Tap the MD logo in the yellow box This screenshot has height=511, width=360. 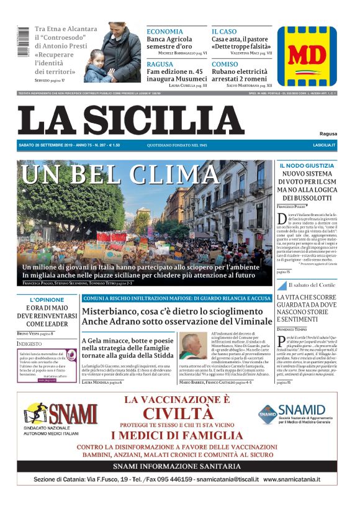tap(306, 56)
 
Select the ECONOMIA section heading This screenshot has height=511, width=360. tap(164, 31)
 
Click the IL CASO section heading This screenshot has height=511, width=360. tap(224, 31)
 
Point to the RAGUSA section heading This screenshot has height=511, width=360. tap(160, 64)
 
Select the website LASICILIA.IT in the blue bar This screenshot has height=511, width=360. tap(324, 145)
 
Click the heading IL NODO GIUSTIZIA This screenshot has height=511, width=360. tap(307, 166)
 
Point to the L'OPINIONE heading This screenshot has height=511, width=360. tap(47, 300)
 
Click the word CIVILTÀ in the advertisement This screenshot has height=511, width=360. tap(180, 413)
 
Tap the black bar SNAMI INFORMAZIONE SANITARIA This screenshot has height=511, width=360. tap(180, 466)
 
